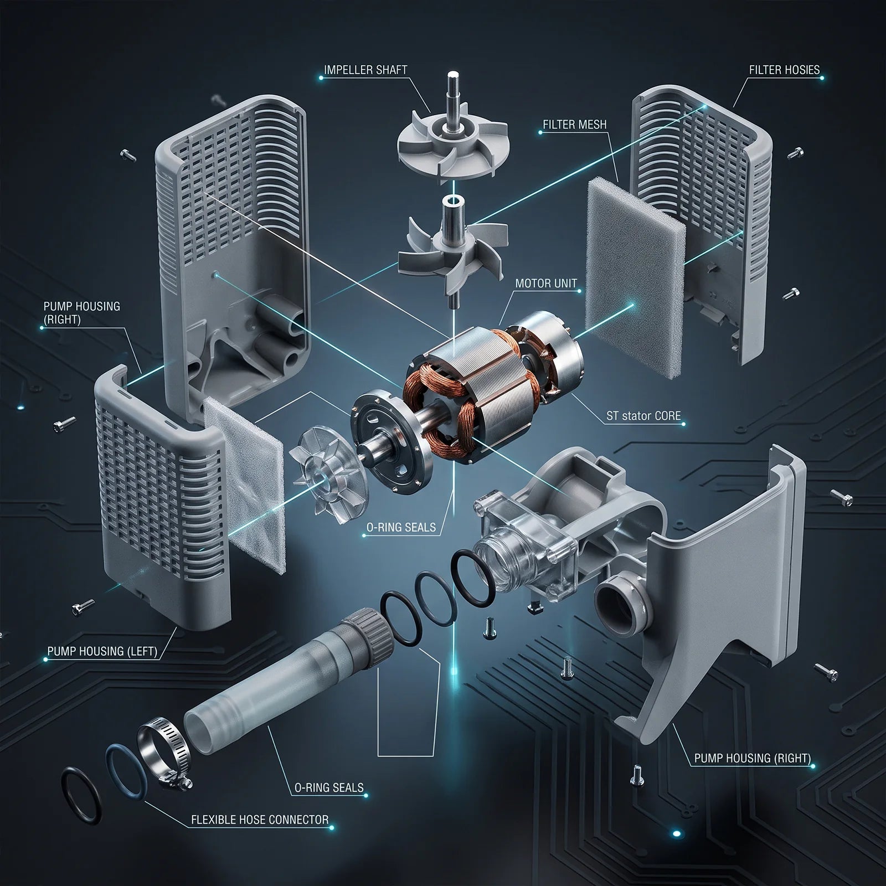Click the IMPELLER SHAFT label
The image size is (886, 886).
tap(365, 70)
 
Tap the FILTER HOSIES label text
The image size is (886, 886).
tap(784, 70)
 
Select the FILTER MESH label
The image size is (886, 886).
tap(575, 125)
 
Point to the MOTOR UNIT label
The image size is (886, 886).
tap(546, 284)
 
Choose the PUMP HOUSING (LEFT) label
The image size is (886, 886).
tap(102, 651)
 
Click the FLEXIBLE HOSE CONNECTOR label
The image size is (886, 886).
tap(260, 820)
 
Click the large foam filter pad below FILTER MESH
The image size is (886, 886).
tap(636, 277)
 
